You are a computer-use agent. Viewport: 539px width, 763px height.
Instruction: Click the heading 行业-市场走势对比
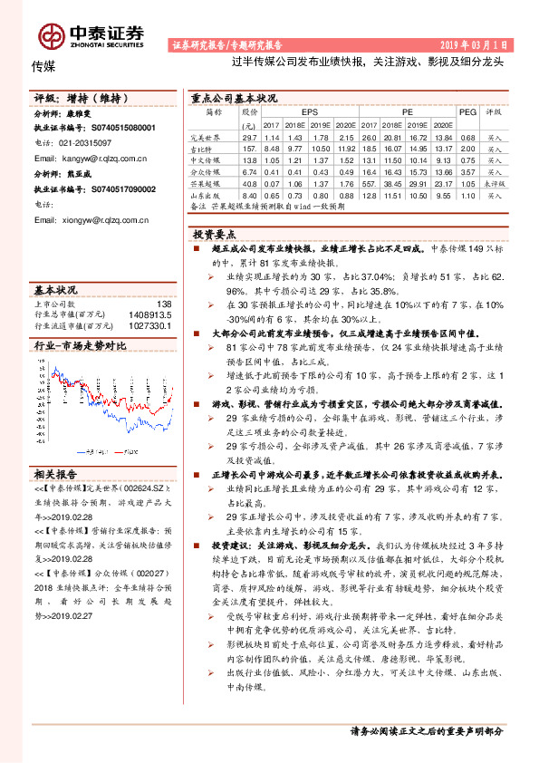80,345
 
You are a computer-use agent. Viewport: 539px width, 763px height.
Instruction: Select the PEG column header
467,111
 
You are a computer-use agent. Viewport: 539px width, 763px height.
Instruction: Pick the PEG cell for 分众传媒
467,171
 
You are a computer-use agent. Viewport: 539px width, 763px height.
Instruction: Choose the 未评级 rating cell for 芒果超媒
495,183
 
